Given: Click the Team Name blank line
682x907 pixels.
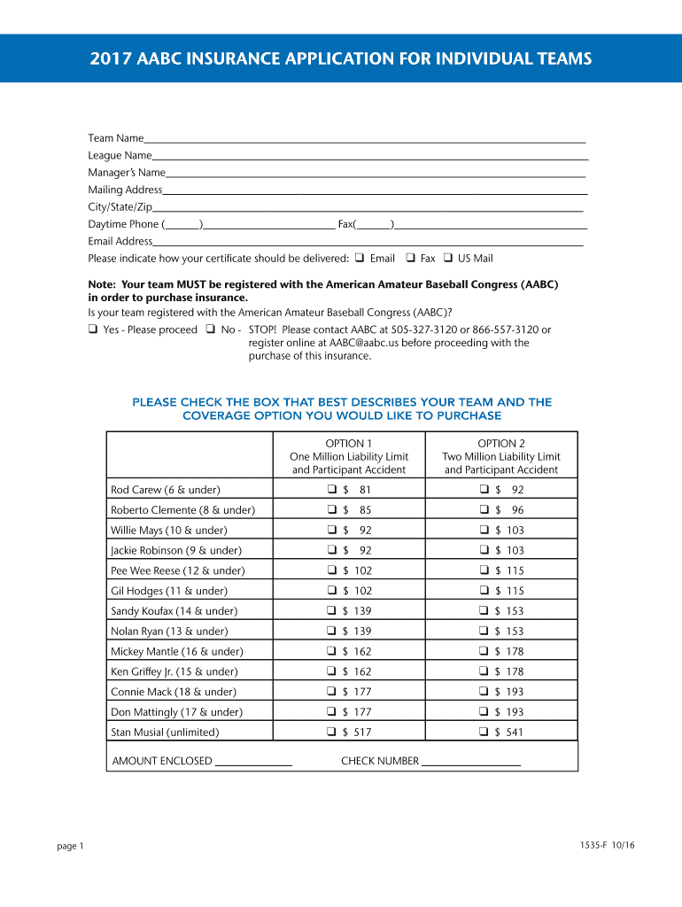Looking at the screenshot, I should (x=364, y=140).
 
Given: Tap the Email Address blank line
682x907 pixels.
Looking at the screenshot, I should (x=368, y=242).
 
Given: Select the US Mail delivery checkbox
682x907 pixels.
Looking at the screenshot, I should (x=448, y=259).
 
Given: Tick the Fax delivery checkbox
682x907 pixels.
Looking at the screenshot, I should (x=410, y=259).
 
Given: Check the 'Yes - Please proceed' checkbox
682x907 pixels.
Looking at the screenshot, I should (x=93, y=329).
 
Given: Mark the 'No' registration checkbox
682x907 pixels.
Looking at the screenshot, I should (x=211, y=329).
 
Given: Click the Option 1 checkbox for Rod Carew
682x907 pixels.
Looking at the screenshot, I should (x=330, y=490).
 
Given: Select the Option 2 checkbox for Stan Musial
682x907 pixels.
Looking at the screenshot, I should (x=484, y=733).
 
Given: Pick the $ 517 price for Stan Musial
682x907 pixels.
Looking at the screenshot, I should (x=361, y=733).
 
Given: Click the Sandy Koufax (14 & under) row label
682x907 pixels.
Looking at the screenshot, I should (x=163, y=611).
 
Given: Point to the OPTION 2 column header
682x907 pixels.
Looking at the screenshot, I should (x=501, y=443).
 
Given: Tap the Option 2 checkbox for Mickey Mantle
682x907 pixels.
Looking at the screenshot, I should (x=484, y=652).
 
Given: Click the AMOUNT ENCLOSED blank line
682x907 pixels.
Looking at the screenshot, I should (x=253, y=763).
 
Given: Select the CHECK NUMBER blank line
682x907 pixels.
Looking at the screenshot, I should (x=471, y=763).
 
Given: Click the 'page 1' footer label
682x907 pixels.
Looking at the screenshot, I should (x=70, y=846).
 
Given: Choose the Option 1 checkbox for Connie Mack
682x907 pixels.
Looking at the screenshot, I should (x=330, y=692).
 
